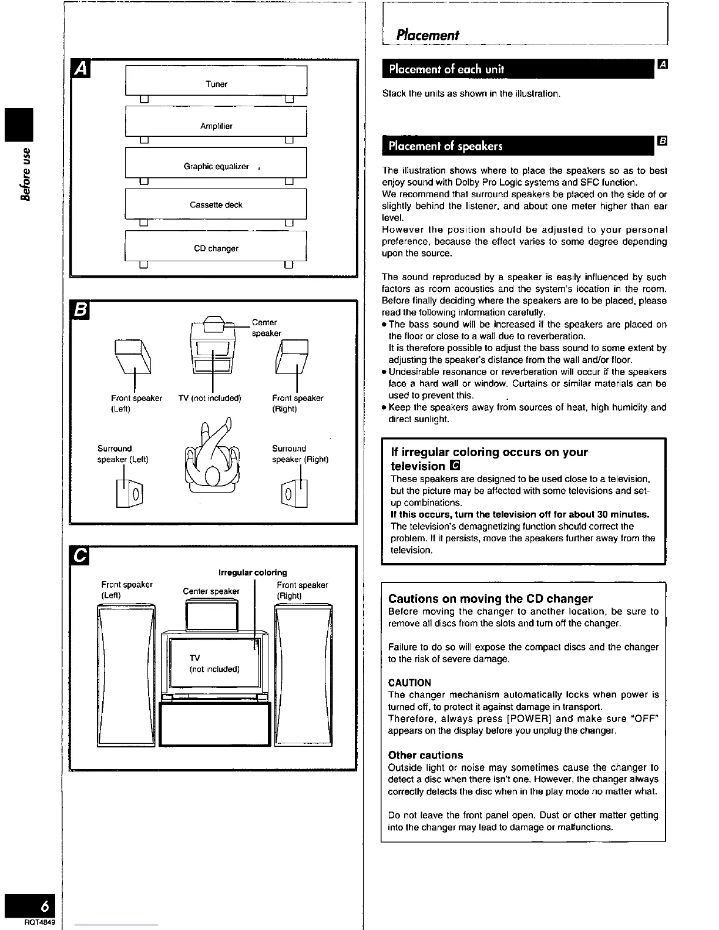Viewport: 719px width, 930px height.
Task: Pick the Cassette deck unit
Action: pyautogui.click(x=216, y=204)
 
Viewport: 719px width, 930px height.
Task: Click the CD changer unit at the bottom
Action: pyautogui.click(x=216, y=246)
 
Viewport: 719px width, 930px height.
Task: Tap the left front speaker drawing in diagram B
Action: pyautogui.click(x=133, y=356)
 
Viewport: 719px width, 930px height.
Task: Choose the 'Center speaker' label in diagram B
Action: pyautogui.click(x=266, y=328)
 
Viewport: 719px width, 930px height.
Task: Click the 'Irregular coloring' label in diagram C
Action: pyautogui.click(x=253, y=572)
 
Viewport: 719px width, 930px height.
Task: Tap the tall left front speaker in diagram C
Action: pyautogui.click(x=126, y=675)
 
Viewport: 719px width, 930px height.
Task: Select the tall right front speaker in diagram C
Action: pyautogui.click(x=303, y=675)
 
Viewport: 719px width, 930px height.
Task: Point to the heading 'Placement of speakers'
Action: pyautogui.click(x=445, y=146)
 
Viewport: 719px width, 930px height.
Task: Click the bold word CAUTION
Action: pyautogui.click(x=409, y=683)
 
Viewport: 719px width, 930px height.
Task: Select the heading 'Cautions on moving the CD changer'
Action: pyautogui.click(x=490, y=599)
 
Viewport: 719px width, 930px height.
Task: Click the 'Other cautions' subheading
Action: pyautogui.click(x=425, y=755)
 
